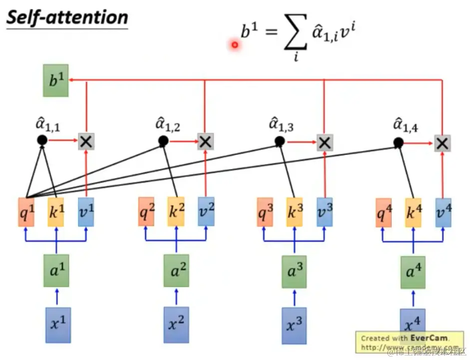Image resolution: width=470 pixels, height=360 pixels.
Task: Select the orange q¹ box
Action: click(26, 212)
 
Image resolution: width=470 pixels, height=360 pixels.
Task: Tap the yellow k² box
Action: click(176, 211)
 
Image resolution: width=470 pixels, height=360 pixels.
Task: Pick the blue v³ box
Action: click(324, 211)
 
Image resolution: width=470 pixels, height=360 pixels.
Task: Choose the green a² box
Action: click(176, 271)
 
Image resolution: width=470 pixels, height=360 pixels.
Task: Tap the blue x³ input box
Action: click(294, 325)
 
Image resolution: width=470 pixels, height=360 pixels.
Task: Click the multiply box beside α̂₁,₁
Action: click(86, 141)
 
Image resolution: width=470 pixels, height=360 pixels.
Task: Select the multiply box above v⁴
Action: click(442, 143)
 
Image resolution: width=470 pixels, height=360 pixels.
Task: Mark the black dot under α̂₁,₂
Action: click(163, 141)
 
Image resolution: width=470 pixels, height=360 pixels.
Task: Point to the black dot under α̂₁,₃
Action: click(280, 141)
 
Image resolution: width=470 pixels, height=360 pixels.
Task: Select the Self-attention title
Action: click(67, 18)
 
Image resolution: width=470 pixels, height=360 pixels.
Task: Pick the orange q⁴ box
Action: click(383, 212)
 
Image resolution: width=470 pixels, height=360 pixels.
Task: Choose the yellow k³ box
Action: click(294, 211)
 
